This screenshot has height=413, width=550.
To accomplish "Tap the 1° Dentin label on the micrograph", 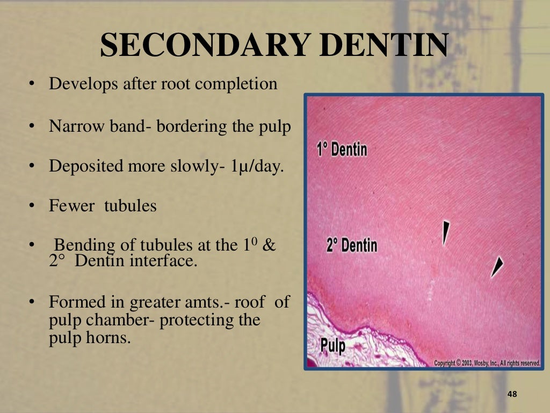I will pos(342,148).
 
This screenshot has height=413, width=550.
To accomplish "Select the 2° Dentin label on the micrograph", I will pos(351,245).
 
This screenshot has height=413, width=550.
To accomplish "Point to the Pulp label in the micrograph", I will pos(333,344).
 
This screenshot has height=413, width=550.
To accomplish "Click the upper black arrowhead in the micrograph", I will pos(445,232).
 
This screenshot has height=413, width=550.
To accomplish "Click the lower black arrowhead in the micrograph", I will pos(497,266).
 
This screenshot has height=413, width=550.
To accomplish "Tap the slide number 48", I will pos(511,395).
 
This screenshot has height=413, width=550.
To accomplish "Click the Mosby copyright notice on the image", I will pos(487,363).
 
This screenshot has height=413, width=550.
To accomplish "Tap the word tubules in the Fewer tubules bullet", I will pos(130,205).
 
